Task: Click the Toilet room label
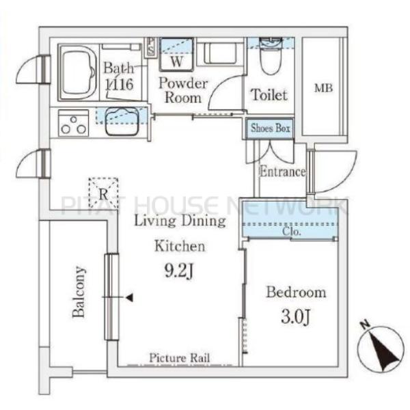click(x=269, y=94)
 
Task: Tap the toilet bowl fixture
click(x=271, y=56)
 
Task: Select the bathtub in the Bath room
click(x=78, y=72)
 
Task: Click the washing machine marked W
click(x=176, y=55)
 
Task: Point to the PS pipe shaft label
click(x=150, y=46)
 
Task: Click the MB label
click(x=323, y=88)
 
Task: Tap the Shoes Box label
click(x=271, y=128)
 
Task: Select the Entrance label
click(x=282, y=172)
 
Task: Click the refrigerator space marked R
click(x=104, y=193)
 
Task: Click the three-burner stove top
click(x=74, y=123)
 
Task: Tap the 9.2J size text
click(x=179, y=271)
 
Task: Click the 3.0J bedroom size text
click(x=296, y=316)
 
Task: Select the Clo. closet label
click(x=291, y=232)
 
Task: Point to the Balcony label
click(x=79, y=292)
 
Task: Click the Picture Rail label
click(x=180, y=357)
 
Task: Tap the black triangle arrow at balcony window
click(x=130, y=297)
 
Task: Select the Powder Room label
click(x=183, y=90)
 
